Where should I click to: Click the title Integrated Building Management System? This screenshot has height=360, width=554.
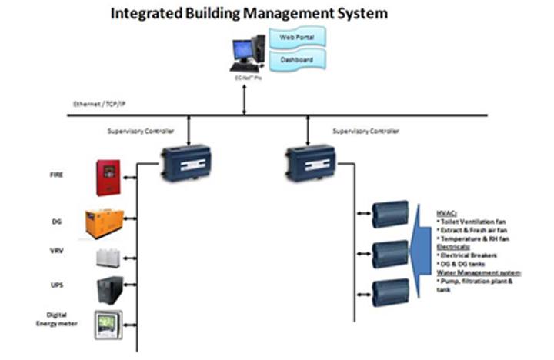(249, 13)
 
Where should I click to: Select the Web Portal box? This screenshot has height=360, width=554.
(297, 36)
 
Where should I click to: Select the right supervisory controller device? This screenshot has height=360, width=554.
(308, 160)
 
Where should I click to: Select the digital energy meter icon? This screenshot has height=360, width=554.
(108, 325)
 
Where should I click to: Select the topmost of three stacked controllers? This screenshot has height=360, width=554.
(390, 214)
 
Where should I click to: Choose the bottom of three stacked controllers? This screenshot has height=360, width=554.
(390, 293)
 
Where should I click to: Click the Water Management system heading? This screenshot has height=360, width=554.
(479, 273)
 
